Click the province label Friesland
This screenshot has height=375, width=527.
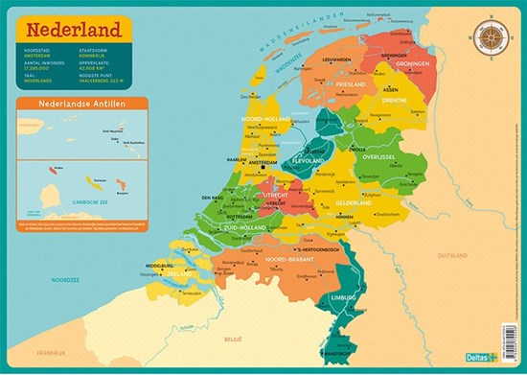[349, 84]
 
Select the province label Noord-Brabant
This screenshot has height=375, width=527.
[288, 260]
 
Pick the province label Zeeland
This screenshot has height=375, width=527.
[182, 273]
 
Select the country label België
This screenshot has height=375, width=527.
[234, 340]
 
